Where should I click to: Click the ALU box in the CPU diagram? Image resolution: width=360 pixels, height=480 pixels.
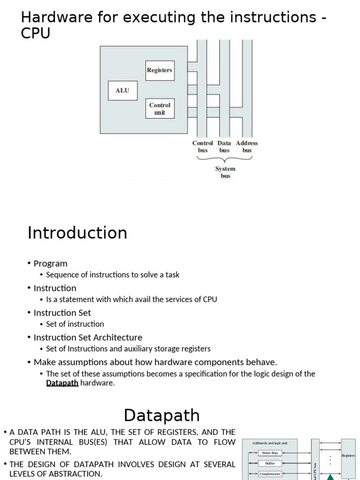pos(122,90)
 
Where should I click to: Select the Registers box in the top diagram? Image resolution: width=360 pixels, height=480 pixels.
pos(159,70)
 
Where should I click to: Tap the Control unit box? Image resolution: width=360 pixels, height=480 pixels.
pos(159,109)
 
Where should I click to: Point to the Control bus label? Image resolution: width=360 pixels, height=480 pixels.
pos(202,147)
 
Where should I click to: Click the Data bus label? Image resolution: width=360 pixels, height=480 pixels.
pos(224,147)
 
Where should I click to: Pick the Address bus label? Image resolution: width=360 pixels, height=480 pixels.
pos(247,147)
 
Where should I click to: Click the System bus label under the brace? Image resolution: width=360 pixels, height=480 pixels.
pos(225,172)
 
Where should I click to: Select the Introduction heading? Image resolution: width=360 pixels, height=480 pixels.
pos(77,232)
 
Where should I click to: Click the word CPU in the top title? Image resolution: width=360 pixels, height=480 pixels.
pos(36,33)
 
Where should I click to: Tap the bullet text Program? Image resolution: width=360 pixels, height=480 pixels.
pos(50,263)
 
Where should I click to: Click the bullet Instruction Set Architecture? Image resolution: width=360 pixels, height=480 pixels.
pos(88,337)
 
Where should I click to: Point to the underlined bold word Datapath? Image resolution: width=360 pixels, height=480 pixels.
pos(62,383)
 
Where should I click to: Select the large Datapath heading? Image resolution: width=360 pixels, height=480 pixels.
pos(162,415)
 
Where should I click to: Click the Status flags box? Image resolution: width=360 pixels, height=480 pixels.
pos(270,453)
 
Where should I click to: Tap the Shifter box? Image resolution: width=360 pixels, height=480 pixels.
pos(270,463)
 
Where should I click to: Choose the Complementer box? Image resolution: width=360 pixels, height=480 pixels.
pos(270,474)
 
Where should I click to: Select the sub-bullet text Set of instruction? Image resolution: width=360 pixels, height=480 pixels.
pos(75,324)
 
